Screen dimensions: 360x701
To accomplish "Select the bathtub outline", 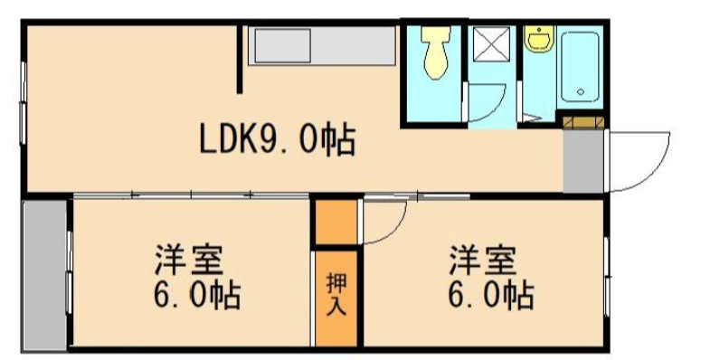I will pos(578,67).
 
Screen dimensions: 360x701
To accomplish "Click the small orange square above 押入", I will pos(336,222).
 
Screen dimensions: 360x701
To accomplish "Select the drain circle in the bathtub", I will pos(580,91).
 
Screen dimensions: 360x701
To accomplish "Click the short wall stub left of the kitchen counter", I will pos(241,59).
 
